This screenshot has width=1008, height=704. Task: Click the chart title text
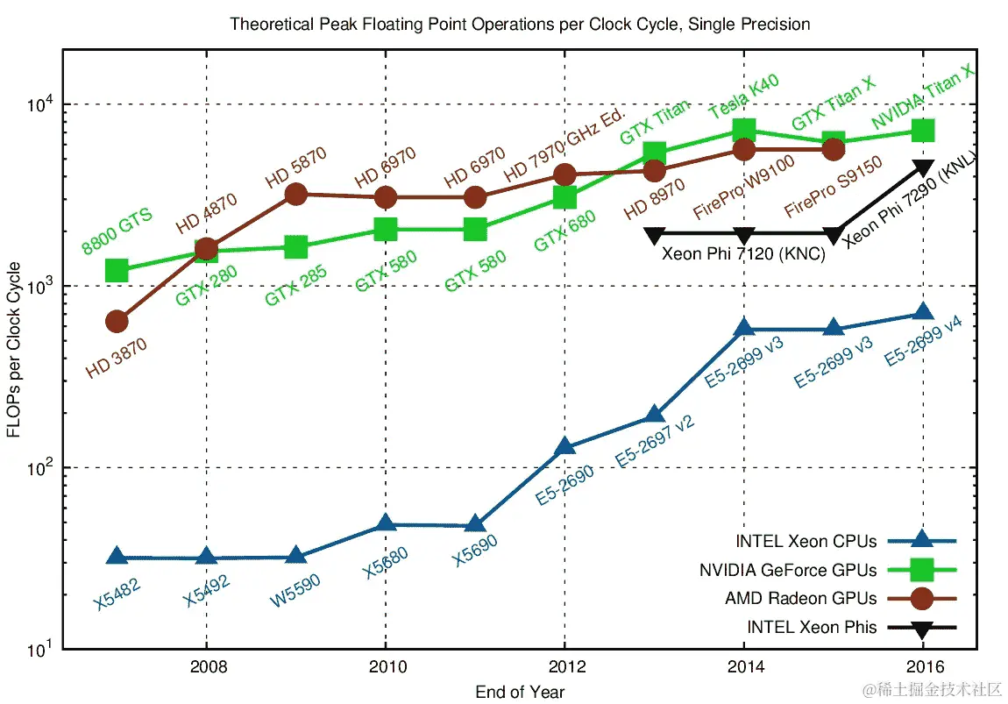(x=520, y=25)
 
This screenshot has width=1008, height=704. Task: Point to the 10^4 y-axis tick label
(x=39, y=104)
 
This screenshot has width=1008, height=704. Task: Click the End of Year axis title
(x=520, y=692)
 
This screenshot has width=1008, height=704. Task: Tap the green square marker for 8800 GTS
(x=117, y=270)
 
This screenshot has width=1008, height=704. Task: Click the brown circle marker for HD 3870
(x=117, y=322)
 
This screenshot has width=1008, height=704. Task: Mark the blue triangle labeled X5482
(x=117, y=557)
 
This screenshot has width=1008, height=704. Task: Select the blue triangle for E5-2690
(x=564, y=447)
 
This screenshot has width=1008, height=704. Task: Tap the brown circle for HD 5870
(x=296, y=194)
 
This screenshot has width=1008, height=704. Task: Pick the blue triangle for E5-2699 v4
(x=923, y=313)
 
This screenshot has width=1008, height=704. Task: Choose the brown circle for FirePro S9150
(x=833, y=149)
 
